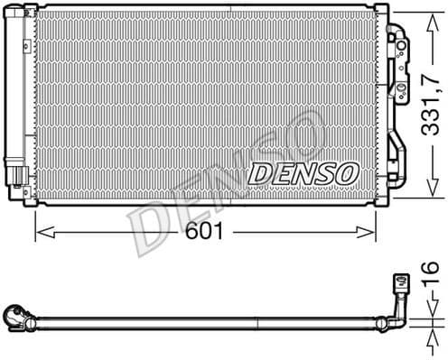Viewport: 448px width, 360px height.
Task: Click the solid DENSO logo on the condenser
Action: [x=303, y=171]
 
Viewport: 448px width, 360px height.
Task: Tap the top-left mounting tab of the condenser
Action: [x=30, y=12]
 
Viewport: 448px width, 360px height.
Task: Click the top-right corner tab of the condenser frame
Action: [x=382, y=11]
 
